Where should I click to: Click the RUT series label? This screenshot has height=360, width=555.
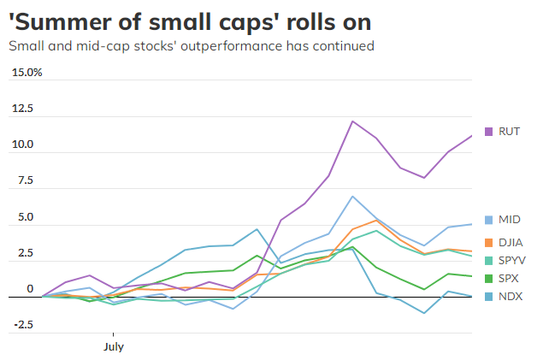click(x=511, y=132)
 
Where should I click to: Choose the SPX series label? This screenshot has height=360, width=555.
click(x=511, y=279)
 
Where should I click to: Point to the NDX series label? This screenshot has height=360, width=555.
click(x=511, y=297)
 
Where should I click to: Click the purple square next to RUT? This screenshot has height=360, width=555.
click(x=489, y=132)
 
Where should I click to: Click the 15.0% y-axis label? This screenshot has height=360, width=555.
click(x=27, y=73)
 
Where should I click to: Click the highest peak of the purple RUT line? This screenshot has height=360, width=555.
click(x=352, y=121)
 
